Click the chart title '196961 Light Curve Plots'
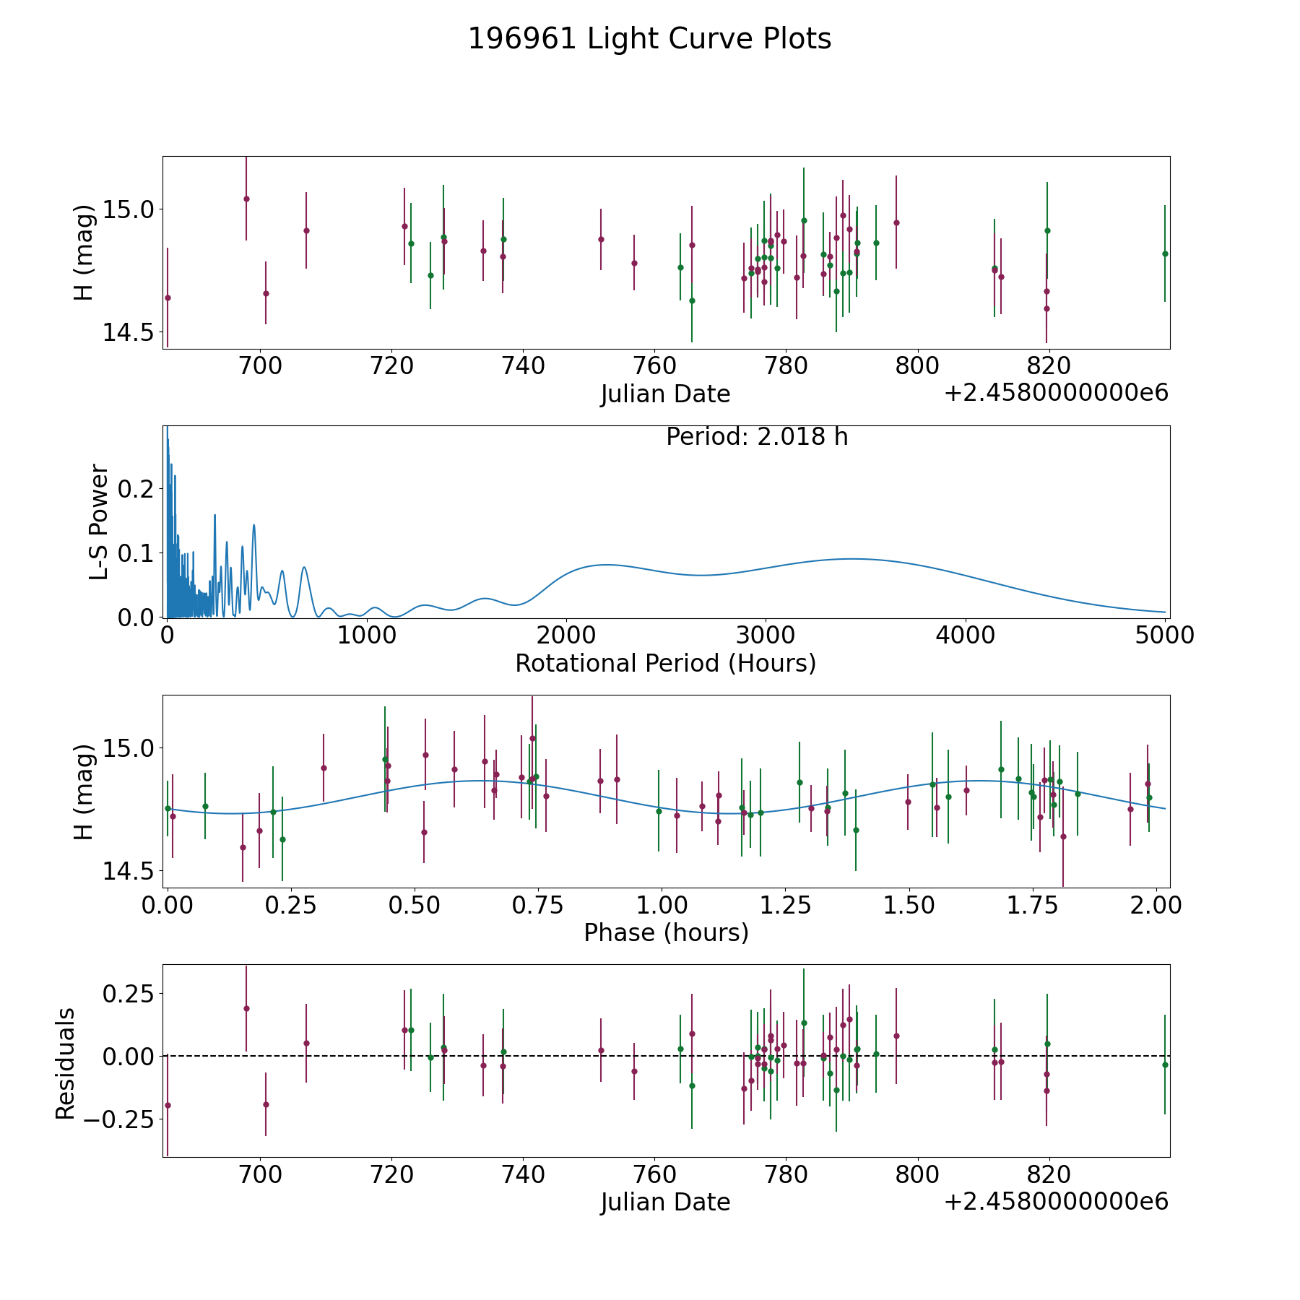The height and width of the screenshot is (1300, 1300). coord(649,39)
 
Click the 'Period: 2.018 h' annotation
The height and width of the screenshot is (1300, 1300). coord(757,437)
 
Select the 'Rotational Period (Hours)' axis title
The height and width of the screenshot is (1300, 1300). coord(665,663)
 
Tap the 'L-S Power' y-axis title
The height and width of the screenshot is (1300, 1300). coord(99,521)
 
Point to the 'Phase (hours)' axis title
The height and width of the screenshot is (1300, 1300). coord(666,933)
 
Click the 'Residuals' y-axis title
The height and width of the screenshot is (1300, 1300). coord(66,1063)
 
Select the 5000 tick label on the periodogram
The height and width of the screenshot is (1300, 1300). coord(1165,636)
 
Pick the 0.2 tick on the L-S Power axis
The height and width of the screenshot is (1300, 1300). coord(136,489)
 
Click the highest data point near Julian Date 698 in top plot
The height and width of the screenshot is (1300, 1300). coord(246,199)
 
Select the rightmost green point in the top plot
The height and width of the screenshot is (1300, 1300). coord(1165,253)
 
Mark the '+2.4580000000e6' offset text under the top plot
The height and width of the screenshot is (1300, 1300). coord(1056,393)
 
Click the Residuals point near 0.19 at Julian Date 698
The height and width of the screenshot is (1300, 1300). coord(246,1008)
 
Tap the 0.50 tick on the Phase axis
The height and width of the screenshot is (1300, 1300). coord(415,906)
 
